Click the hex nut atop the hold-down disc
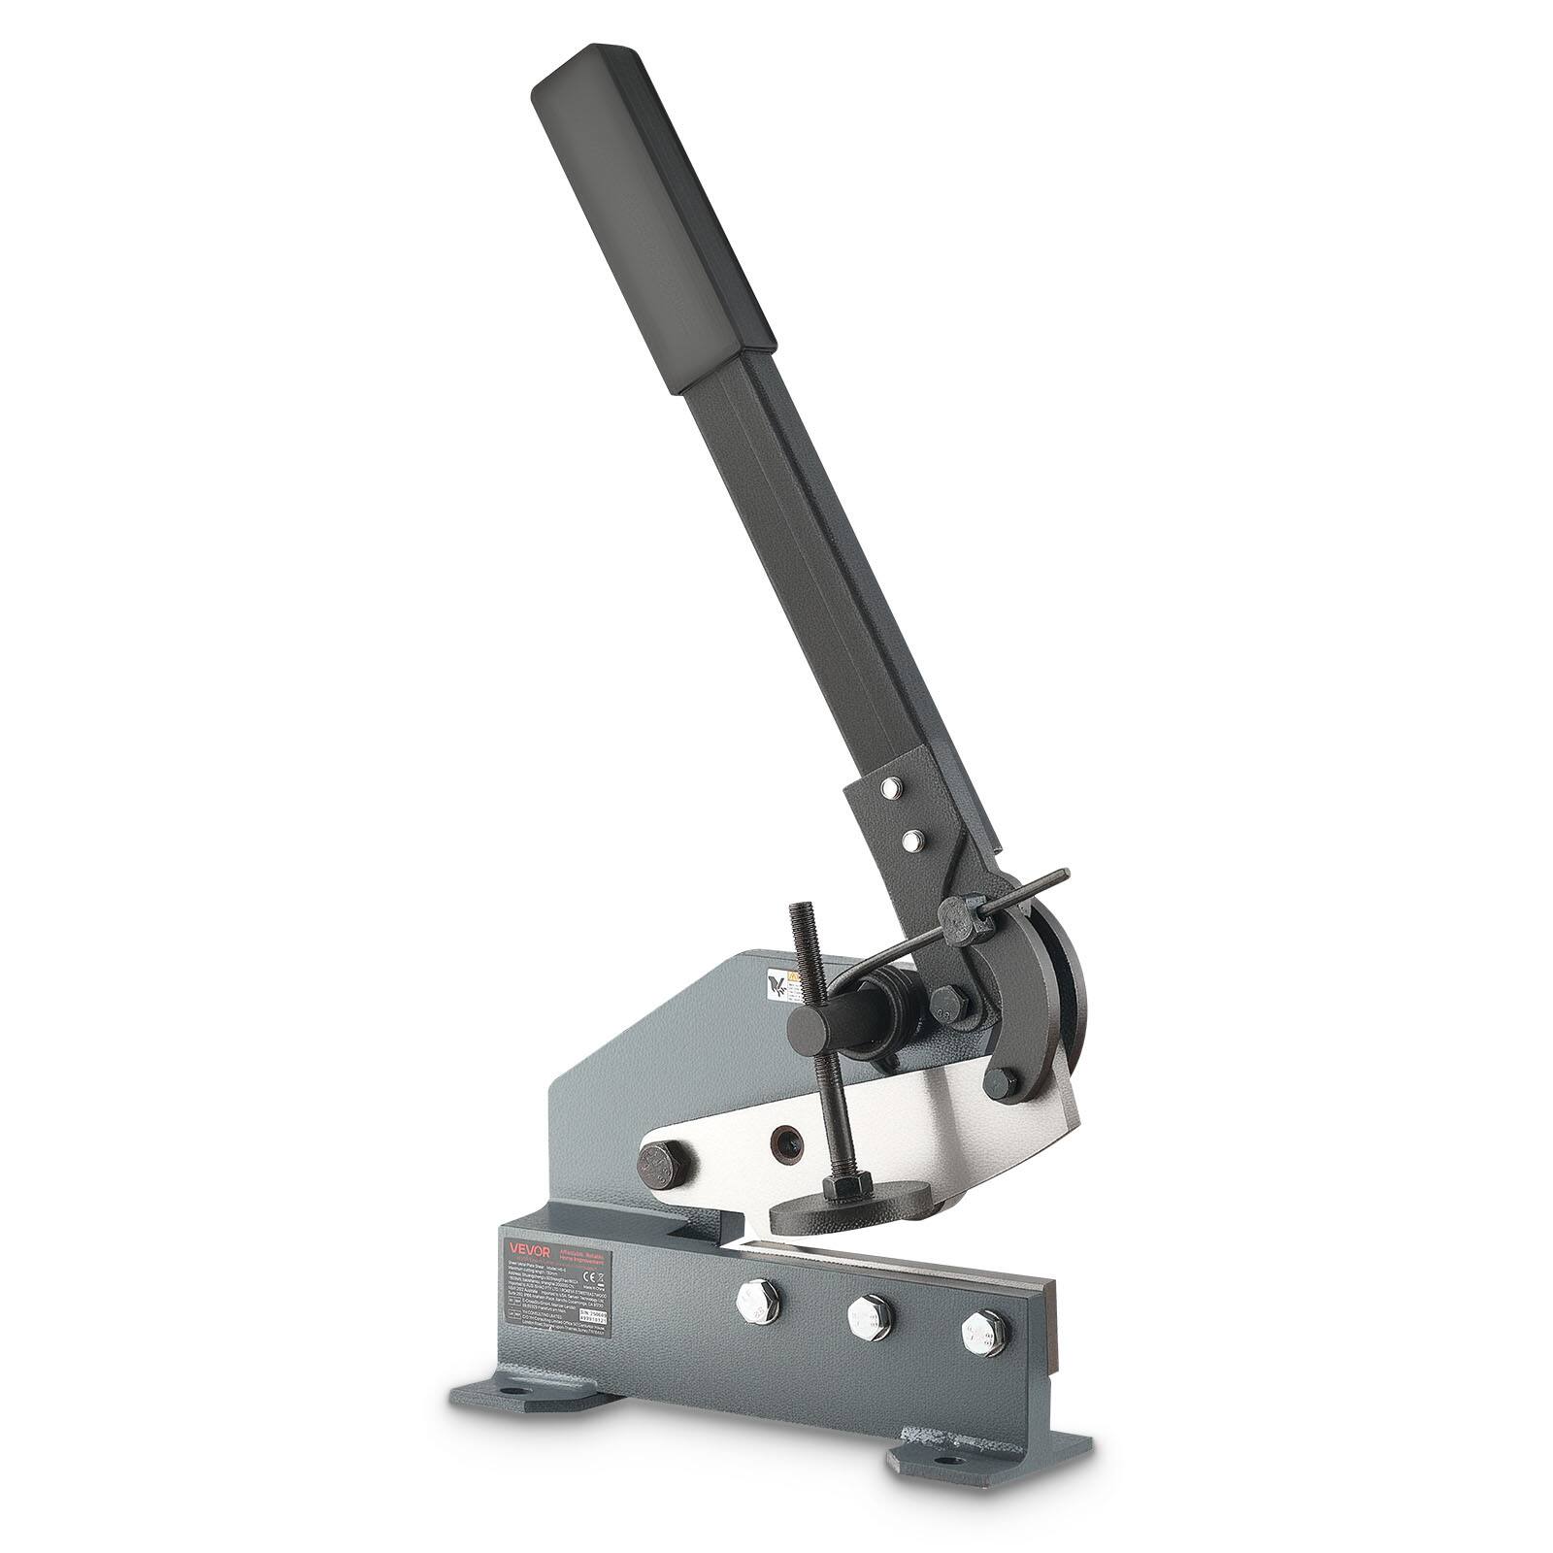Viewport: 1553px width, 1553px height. click(x=841, y=1186)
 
